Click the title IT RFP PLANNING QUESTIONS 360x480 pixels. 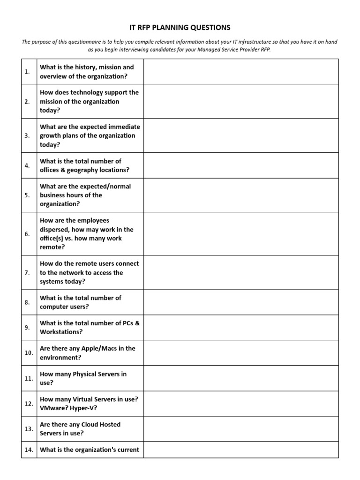pos(180,28)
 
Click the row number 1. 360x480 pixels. pos(27,72)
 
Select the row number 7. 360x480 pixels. pos(27,272)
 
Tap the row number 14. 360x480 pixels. pos(29,450)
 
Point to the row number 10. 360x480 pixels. pos(29,353)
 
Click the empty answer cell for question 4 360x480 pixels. pos(240,165)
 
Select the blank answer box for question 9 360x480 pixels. pos(240,328)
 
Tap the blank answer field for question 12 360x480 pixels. pos(240,404)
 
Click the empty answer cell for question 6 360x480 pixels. pos(240,233)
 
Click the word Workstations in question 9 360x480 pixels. pos(61,332)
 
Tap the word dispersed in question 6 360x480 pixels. pos(56,229)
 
